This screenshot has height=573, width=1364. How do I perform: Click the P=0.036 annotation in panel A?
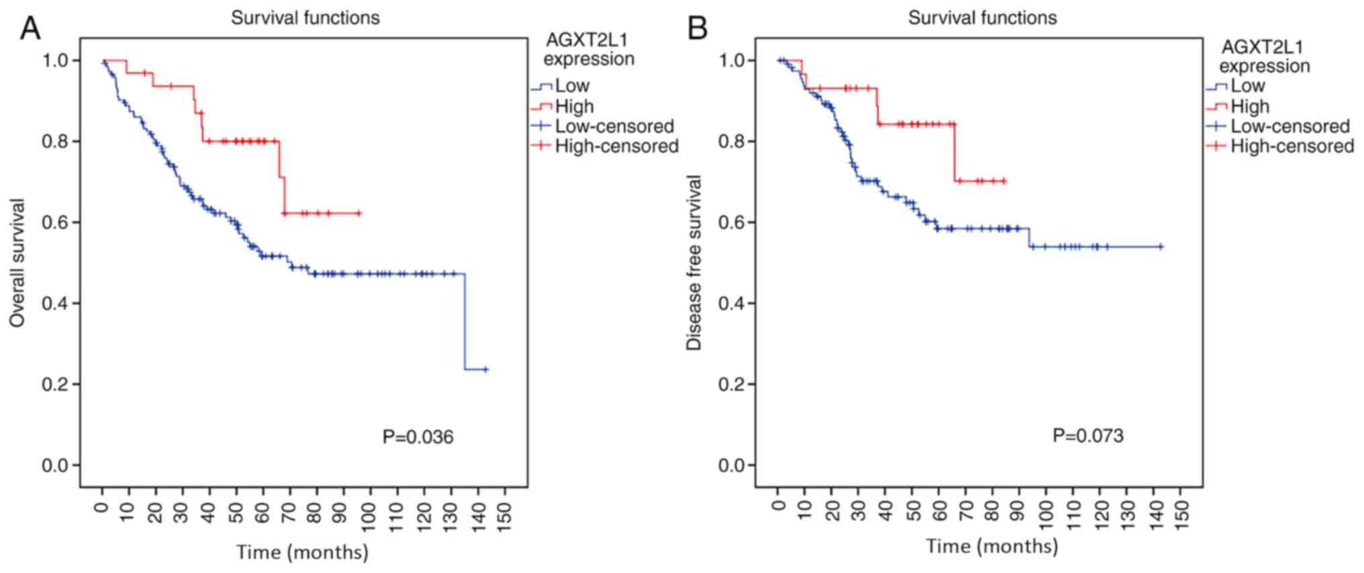(x=418, y=437)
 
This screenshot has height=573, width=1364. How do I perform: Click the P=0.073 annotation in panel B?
(x=1087, y=436)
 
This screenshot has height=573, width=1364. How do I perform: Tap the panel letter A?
(x=30, y=29)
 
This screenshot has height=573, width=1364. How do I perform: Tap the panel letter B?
(x=698, y=29)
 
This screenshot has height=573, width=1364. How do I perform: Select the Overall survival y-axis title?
(x=17, y=263)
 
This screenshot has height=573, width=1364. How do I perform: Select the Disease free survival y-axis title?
(x=694, y=263)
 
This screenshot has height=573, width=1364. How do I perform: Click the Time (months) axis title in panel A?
(x=302, y=552)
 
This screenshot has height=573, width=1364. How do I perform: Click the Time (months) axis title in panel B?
(x=992, y=546)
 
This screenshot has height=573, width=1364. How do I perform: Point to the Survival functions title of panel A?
(x=305, y=17)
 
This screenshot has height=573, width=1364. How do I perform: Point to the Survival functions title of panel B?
(x=982, y=17)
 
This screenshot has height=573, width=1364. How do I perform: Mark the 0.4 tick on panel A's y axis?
(x=56, y=304)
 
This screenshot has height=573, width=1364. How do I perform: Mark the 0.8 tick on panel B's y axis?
(x=732, y=142)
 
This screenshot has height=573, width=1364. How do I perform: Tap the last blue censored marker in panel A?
(x=486, y=369)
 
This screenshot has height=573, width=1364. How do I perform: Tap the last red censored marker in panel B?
(x=1004, y=181)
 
